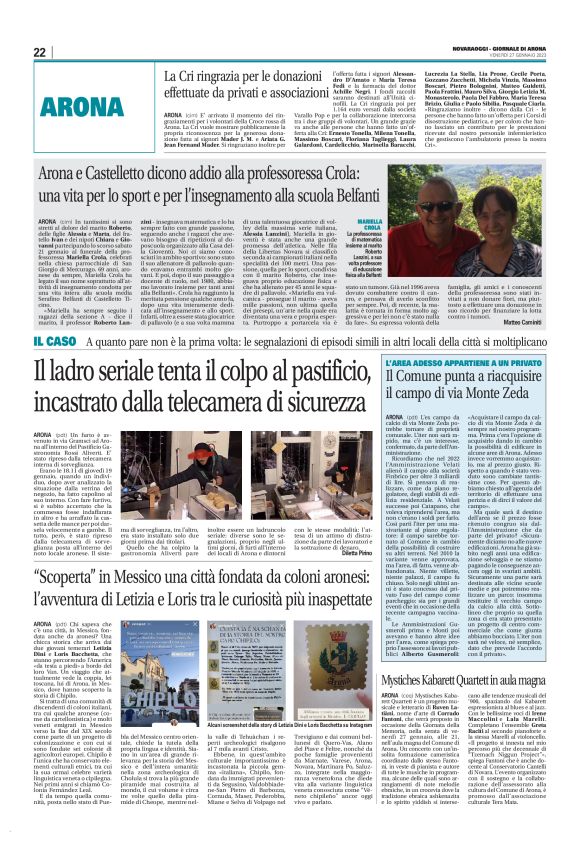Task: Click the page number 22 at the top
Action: [x=39, y=53]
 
